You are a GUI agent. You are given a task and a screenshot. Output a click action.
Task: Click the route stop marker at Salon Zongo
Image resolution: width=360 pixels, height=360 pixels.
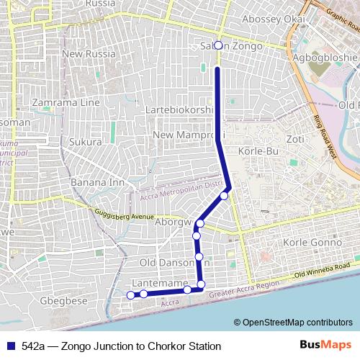[218, 45]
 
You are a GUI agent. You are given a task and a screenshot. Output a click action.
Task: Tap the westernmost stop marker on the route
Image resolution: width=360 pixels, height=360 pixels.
[130, 294]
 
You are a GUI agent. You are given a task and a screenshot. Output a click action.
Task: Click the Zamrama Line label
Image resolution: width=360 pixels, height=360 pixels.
[66, 102]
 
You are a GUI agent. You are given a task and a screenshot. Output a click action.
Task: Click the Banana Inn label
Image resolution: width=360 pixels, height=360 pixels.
[94, 182]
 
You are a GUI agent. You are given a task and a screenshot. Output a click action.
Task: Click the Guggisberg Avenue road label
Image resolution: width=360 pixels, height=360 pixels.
[125, 215]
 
